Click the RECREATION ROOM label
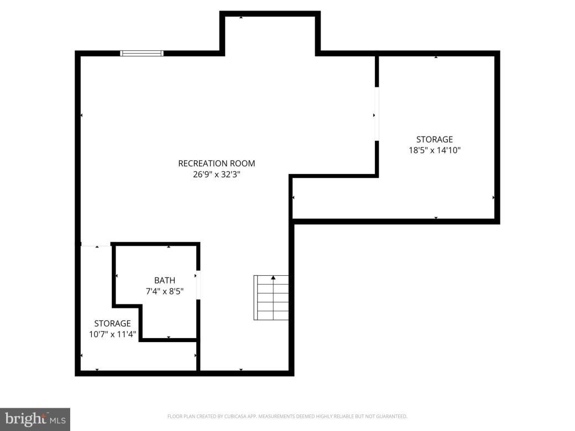pyautogui.click(x=217, y=164)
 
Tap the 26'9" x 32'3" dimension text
pyautogui.click(x=217, y=174)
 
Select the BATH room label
pyautogui.click(x=164, y=281)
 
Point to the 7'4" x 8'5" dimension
pyautogui.click(x=164, y=291)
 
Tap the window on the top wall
pyautogui.click(x=142, y=53)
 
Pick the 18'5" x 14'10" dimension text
pyautogui.click(x=434, y=150)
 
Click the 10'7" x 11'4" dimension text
pyautogui.click(x=112, y=334)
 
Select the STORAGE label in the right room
pyautogui.click(x=434, y=139)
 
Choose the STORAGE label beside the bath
pyautogui.click(x=112, y=323)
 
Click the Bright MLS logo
pyautogui.click(x=35, y=419)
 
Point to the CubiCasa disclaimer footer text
pyautogui.click(x=287, y=416)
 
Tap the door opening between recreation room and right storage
pyautogui.click(x=377, y=114)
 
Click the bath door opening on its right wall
pyautogui.click(x=198, y=285)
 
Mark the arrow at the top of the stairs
pyautogui.click(x=273, y=277)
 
